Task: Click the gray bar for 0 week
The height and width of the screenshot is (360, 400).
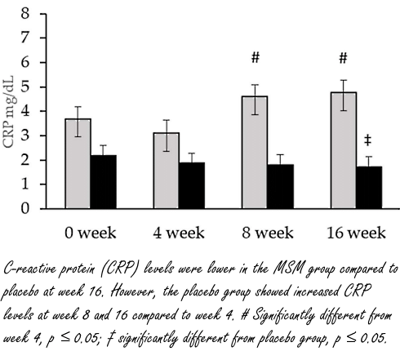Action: point(78,163)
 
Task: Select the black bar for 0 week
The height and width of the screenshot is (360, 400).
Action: point(103,181)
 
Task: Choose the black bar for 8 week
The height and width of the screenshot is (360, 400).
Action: point(282,186)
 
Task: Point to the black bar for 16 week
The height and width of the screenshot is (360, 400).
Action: point(369,187)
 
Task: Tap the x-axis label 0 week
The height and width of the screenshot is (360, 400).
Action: point(91,233)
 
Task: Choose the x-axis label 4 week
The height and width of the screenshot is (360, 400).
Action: point(180,233)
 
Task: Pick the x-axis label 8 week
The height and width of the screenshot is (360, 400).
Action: point(269,233)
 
